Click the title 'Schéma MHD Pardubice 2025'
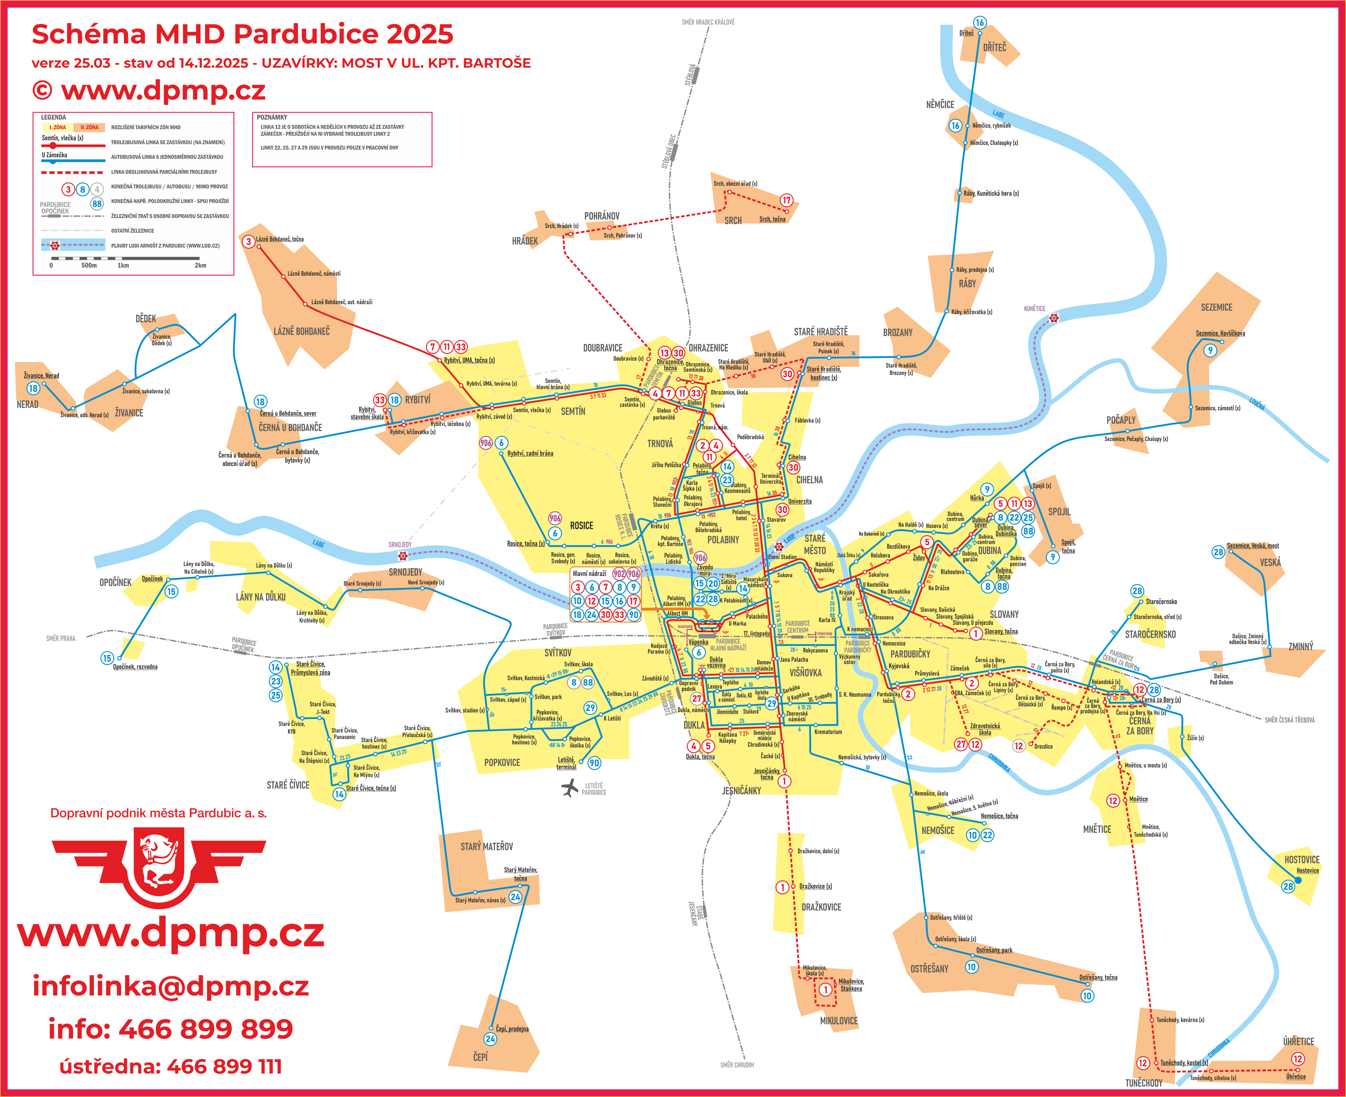coord(242,34)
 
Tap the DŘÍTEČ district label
coord(994,47)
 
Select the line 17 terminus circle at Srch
coord(786,200)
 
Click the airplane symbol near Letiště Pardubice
coord(570,787)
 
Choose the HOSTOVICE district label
coord(1302,859)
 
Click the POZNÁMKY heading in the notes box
coord(272,117)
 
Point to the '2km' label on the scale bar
coord(200,265)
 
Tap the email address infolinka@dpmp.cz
coord(171,986)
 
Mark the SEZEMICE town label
coord(1216,307)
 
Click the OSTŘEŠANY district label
coord(929,969)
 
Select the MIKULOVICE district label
coord(839,1020)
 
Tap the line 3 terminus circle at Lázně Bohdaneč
coord(248,241)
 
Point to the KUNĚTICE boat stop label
coord(1034,308)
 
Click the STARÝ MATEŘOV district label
coord(486,846)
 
